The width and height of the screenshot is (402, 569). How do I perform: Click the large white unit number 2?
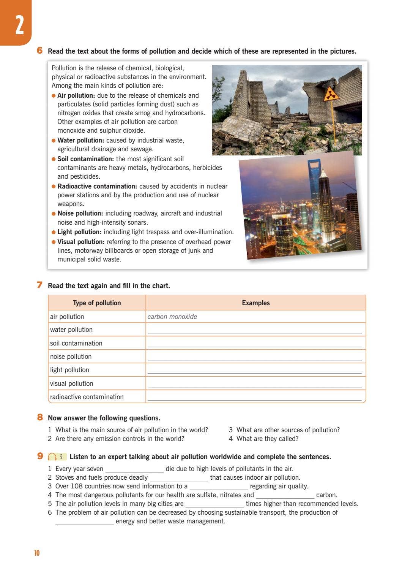point(19,25)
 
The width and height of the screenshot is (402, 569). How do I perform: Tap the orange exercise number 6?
point(39,51)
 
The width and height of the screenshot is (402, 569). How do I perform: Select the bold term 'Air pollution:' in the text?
point(76,95)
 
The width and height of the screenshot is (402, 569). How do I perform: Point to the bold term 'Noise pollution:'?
point(80,213)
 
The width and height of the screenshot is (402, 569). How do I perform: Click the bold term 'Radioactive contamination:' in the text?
point(97,186)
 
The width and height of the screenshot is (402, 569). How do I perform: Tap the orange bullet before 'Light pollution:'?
point(54,232)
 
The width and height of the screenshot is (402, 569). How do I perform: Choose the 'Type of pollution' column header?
point(97,303)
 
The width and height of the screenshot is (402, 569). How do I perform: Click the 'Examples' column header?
point(255,303)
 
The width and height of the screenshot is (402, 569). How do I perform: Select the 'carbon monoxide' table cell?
point(172,317)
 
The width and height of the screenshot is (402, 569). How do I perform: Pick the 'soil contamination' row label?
point(76,343)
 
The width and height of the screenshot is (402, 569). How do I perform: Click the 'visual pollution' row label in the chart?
point(71,384)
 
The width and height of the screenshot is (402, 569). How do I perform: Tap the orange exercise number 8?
point(39,417)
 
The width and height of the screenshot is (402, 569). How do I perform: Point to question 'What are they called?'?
point(267,439)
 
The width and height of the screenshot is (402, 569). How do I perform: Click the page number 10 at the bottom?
point(37,553)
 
